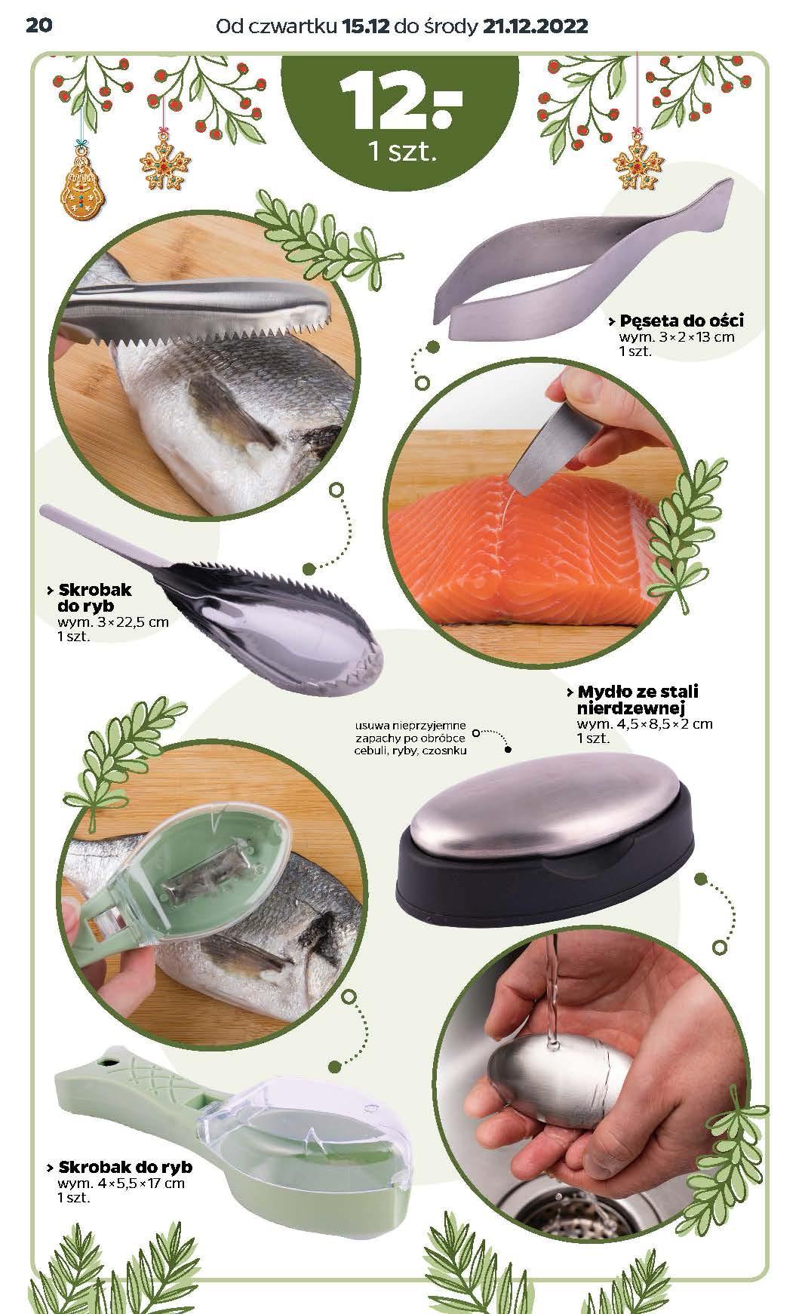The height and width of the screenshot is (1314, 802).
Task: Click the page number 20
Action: click(38, 26)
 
